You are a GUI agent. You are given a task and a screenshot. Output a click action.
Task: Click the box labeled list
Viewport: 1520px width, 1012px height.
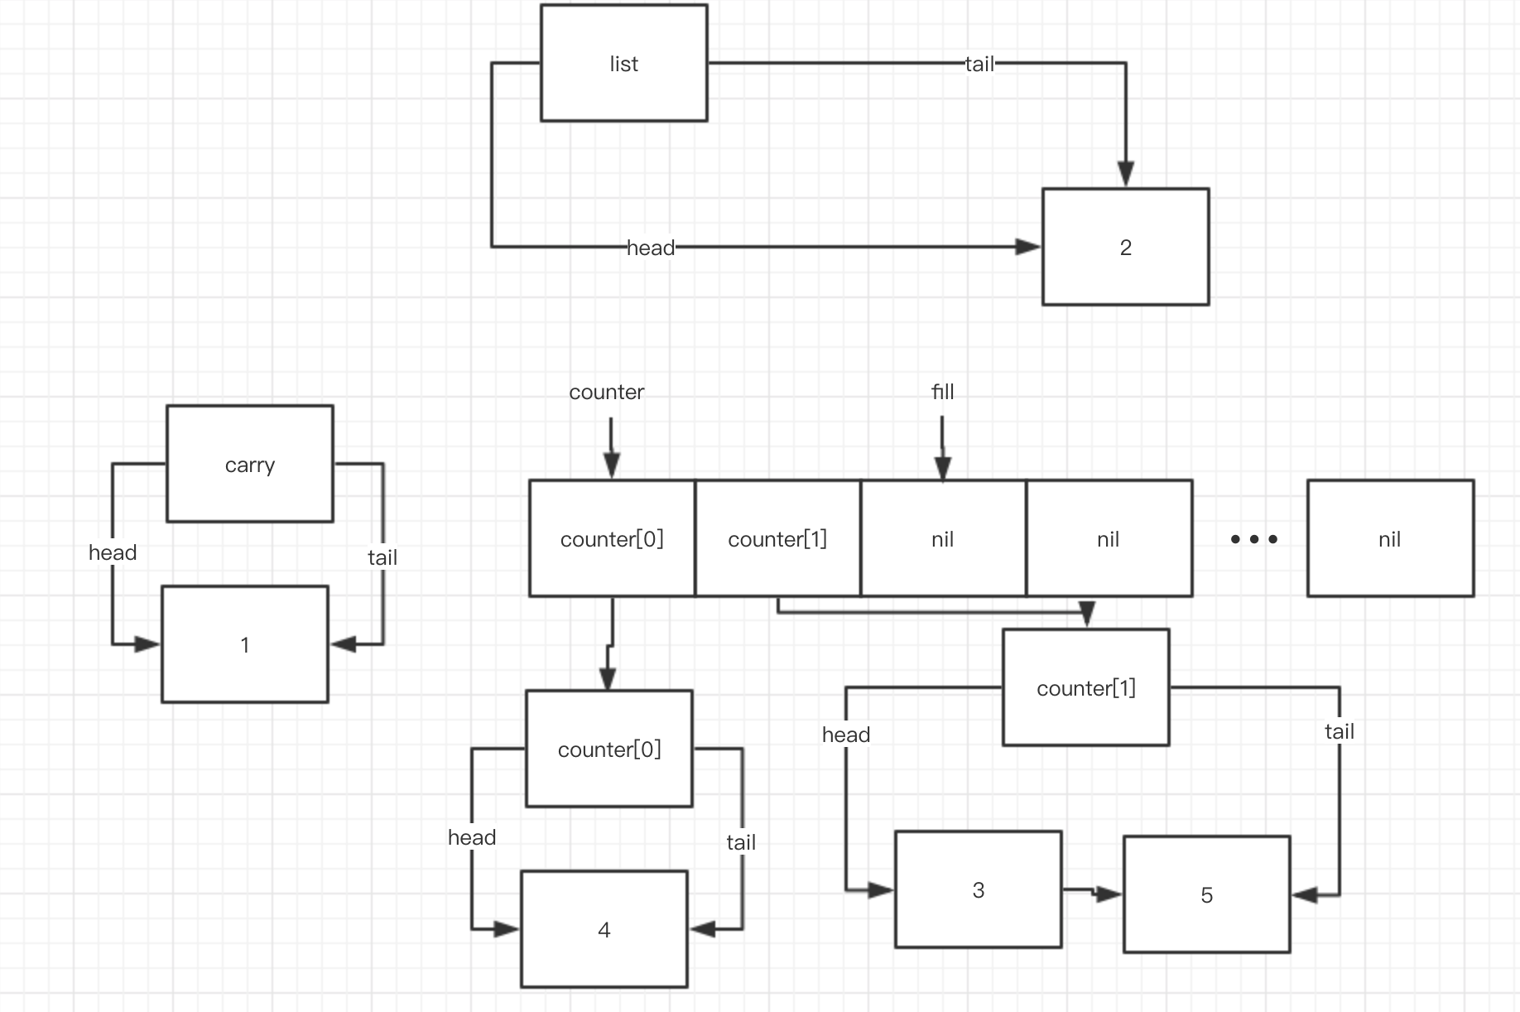point(623,63)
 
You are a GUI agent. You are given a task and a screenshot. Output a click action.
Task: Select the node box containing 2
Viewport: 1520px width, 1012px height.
point(1125,247)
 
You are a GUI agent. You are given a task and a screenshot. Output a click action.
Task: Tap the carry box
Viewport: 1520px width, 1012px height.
point(249,464)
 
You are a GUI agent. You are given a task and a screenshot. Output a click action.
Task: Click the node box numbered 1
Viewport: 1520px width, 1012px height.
point(244,644)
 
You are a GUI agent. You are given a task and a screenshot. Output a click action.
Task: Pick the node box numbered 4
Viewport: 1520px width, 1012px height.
point(604,929)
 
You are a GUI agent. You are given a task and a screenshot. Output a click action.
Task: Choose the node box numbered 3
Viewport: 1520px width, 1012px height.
point(978,889)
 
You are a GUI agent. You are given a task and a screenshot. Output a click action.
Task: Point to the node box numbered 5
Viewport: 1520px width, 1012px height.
point(1206,894)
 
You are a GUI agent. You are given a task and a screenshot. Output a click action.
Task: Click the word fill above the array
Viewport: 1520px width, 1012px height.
point(942,392)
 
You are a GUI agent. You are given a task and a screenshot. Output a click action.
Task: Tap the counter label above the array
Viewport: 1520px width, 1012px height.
point(606,392)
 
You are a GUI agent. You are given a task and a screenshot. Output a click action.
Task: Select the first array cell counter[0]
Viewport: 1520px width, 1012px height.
point(612,538)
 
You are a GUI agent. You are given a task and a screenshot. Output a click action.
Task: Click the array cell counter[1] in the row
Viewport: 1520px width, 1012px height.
point(777,538)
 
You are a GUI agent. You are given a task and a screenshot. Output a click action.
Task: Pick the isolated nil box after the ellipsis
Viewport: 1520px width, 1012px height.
point(1390,538)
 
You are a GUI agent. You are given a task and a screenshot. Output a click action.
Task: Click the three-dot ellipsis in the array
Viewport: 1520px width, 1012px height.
point(1253,539)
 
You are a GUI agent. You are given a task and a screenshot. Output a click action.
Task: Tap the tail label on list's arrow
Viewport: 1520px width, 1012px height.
point(979,64)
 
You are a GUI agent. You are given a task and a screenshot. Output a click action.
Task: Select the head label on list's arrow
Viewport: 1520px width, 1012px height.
point(651,248)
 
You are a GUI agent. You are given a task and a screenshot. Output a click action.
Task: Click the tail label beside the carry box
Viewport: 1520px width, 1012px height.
point(382,557)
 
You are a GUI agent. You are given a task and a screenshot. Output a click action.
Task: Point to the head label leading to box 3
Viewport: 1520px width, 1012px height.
point(845,735)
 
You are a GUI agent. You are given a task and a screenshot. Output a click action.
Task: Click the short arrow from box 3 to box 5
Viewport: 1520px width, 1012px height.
point(1091,892)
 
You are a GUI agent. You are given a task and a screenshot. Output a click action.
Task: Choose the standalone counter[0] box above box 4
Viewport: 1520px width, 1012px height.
point(608,749)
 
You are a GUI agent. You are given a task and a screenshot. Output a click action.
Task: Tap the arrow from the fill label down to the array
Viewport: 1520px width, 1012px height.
point(942,447)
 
